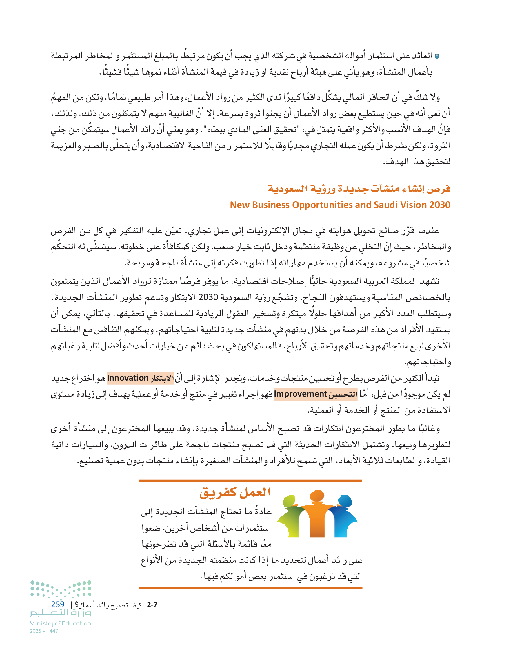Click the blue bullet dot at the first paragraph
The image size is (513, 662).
437,56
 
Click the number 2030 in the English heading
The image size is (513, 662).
439,205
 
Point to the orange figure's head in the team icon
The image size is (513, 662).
317,496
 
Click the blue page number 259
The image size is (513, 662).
58,604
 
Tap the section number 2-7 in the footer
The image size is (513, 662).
152,605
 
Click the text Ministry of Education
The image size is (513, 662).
60,623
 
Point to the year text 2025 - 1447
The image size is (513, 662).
44,631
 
